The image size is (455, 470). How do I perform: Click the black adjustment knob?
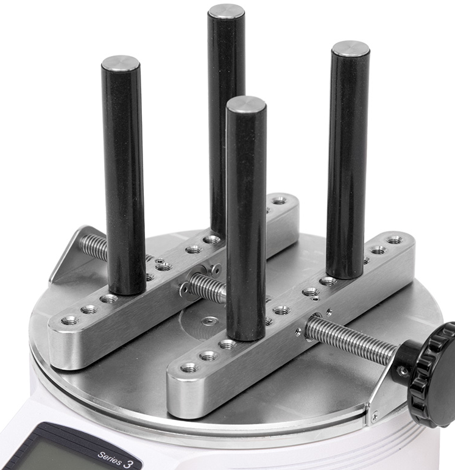pyautogui.click(x=431, y=375)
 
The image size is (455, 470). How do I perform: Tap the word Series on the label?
pyautogui.click(x=110, y=458)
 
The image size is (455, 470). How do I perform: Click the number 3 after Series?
pyautogui.click(x=128, y=464)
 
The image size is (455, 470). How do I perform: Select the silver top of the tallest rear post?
pyautogui.click(x=226, y=12)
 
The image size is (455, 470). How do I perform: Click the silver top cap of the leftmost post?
pyautogui.click(x=121, y=63)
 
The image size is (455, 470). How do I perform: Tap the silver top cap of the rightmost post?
pyautogui.click(x=350, y=49)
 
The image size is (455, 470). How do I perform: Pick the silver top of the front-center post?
pyautogui.click(x=246, y=105)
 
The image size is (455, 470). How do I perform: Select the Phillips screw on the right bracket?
pyautogui.click(x=374, y=416)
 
